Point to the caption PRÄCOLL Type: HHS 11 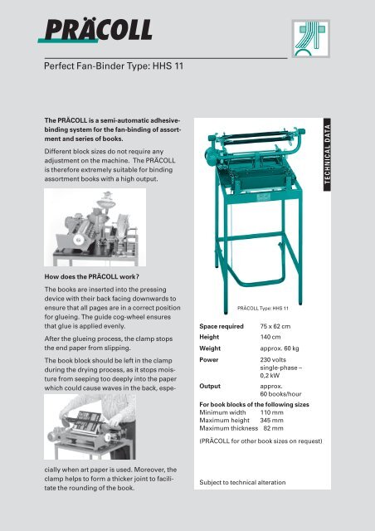click(x=262, y=306)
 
